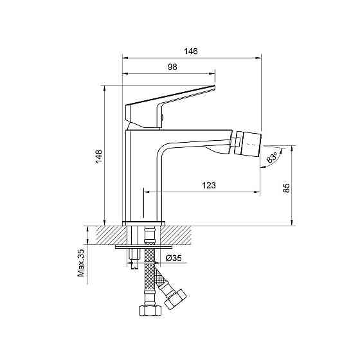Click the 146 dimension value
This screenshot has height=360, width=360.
[191, 51]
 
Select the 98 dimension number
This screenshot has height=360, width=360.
[173, 67]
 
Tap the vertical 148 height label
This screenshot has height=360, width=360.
[99, 156]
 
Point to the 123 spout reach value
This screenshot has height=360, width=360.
[209, 185]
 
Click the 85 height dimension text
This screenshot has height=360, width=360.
[286, 188]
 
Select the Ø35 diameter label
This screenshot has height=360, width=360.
[174, 258]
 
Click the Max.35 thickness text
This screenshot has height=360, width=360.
[80, 263]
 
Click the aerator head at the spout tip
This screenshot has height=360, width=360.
[249, 144]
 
